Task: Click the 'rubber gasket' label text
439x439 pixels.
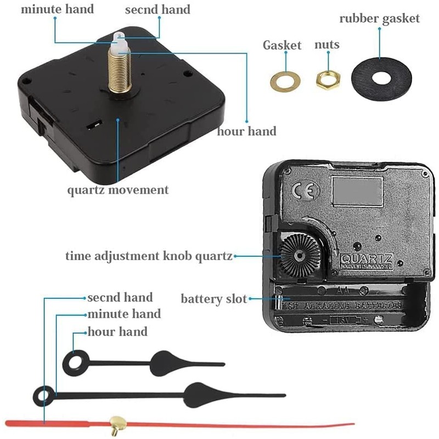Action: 379,18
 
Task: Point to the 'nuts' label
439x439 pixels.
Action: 327,44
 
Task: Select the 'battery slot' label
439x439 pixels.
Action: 214,299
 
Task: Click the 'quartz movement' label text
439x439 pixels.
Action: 118,190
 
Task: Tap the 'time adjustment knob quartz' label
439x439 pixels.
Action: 149,256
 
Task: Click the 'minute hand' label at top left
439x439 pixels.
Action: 57,9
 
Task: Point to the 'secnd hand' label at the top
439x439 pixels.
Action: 157,9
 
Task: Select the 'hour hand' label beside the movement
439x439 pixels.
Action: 246,131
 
